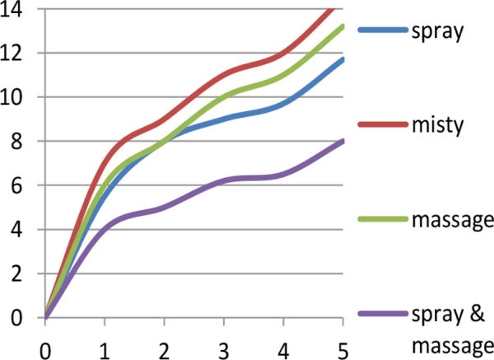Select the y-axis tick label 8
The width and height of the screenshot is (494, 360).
[x=21, y=142]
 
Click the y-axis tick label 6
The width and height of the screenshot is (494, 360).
[x=21, y=186]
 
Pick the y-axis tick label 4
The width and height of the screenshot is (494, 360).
[x=21, y=230]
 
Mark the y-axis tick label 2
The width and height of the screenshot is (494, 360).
[x=21, y=274]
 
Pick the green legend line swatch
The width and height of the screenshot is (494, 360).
[x=384, y=220]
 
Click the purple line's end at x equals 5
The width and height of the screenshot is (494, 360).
[x=343, y=141]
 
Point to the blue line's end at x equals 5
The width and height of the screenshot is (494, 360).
[x=343, y=59]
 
